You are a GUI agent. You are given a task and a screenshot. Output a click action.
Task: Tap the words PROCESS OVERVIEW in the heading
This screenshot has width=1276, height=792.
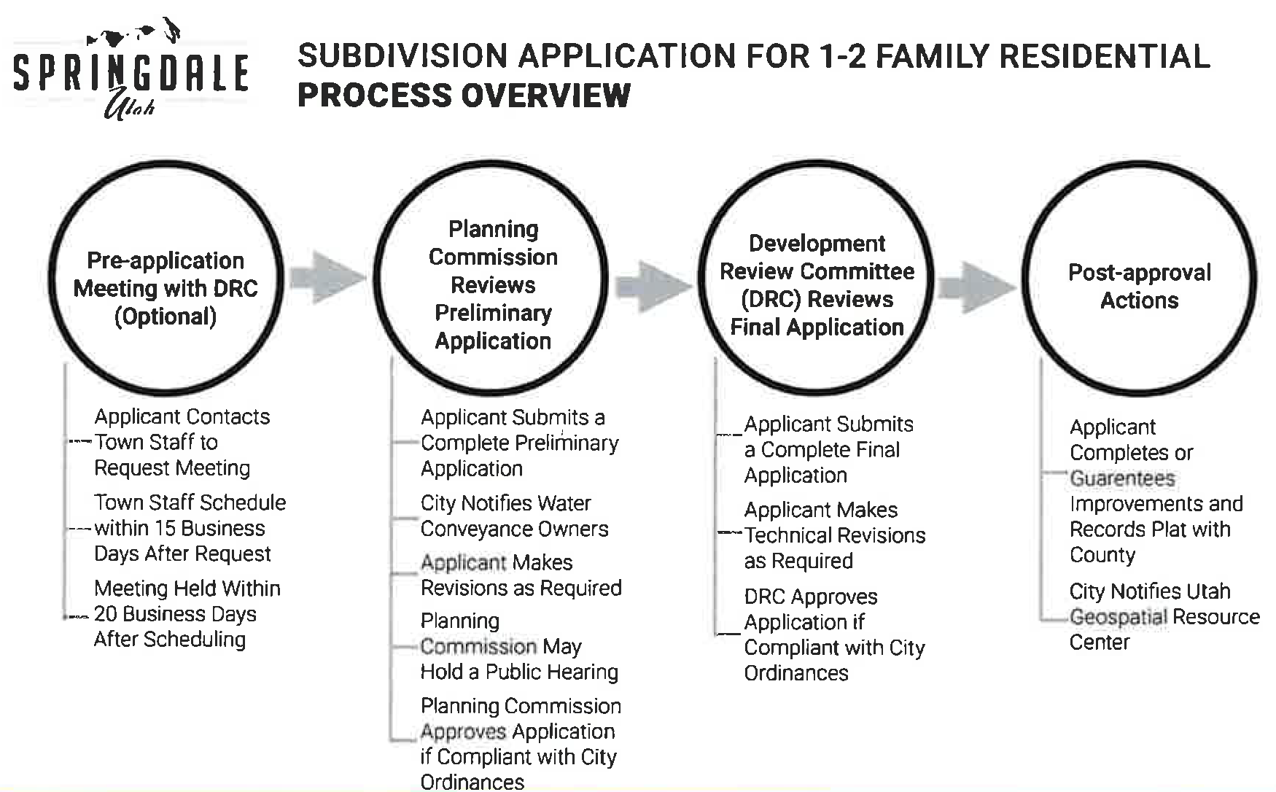(464, 96)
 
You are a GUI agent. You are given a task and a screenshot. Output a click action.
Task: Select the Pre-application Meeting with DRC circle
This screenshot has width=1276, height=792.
(166, 288)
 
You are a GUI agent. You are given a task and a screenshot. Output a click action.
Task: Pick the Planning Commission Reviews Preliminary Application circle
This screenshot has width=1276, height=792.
(493, 284)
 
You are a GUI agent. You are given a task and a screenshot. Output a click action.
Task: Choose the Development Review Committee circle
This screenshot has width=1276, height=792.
(817, 285)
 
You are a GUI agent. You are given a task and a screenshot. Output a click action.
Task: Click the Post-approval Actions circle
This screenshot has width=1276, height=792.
(1139, 286)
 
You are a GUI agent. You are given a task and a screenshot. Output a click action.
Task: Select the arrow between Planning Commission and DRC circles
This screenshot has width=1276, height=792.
(651, 287)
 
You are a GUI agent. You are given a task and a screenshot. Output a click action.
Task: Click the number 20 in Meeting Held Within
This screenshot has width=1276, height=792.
(106, 614)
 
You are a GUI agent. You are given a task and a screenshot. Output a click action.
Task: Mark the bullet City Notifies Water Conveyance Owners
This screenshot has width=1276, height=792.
(514, 516)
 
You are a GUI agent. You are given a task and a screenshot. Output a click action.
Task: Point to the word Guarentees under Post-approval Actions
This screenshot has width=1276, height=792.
(1122, 478)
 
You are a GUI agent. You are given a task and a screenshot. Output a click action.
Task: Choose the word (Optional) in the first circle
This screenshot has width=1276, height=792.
(166, 317)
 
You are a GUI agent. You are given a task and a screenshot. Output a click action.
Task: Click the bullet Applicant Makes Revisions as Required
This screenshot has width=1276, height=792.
(521, 575)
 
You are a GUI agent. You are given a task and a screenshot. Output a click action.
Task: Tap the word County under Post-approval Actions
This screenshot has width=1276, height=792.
(1102, 555)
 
